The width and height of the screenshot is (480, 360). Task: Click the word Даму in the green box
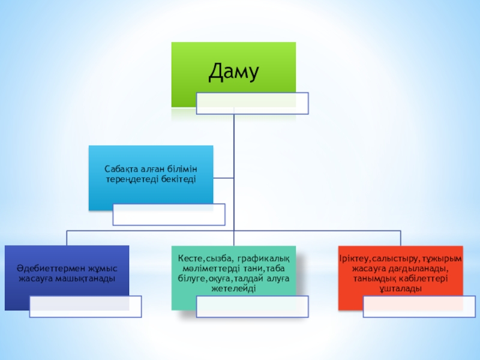[233, 73]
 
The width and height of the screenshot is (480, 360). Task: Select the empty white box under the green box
[253, 103]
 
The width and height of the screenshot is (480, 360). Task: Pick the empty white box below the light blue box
[169, 214]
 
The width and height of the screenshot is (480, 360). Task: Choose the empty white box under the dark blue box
[86, 307]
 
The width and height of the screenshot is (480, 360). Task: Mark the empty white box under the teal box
[253, 307]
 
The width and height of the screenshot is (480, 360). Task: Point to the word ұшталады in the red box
[401, 289]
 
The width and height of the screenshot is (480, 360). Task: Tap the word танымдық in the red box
[373, 279]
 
